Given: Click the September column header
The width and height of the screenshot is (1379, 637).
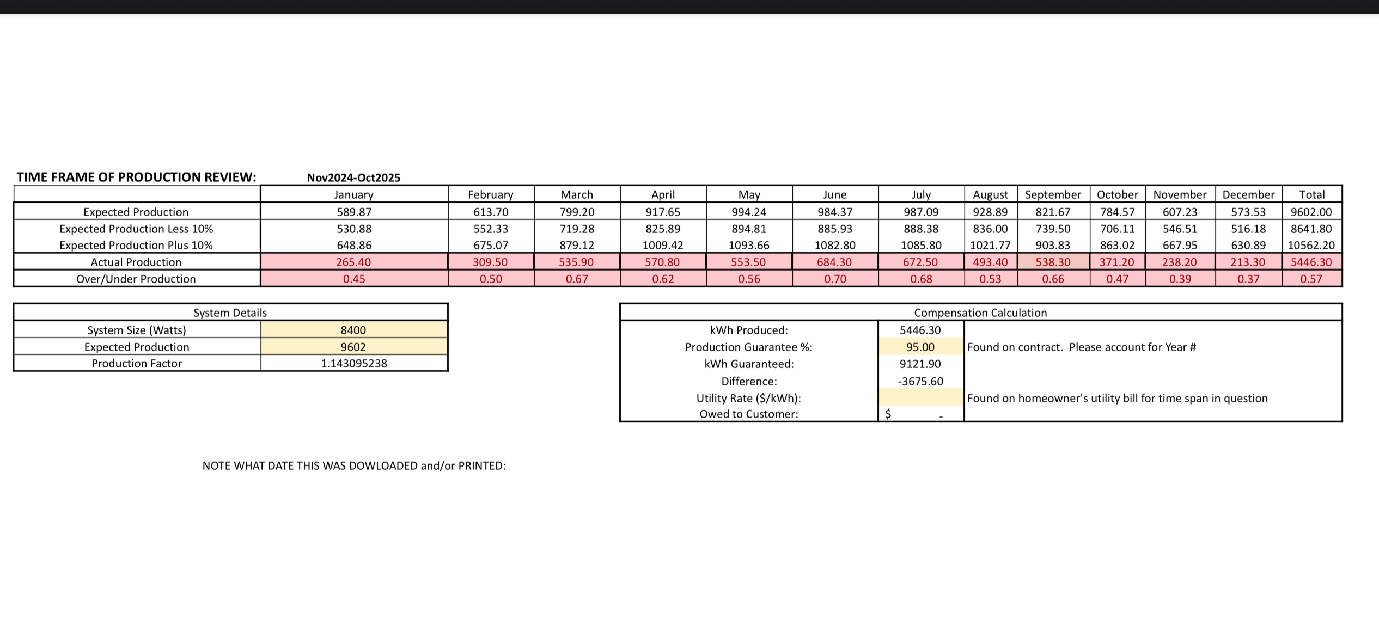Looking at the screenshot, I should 1053,194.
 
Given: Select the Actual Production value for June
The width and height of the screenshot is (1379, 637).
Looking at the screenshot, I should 834,262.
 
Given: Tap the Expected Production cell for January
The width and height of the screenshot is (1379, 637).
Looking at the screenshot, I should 354,212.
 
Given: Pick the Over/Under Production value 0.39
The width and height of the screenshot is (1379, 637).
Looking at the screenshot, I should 1180,279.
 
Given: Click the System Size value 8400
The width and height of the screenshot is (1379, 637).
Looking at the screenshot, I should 353,330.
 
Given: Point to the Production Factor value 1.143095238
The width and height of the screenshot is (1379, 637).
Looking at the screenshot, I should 354,363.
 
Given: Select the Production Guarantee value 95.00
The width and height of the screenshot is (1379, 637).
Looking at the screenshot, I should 920,347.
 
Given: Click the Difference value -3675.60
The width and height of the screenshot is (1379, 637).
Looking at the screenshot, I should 920,381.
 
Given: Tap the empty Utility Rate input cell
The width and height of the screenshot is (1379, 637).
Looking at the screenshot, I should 920,397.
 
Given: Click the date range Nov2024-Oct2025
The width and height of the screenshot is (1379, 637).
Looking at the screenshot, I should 353,177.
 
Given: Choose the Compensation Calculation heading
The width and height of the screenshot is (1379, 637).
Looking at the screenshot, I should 980,313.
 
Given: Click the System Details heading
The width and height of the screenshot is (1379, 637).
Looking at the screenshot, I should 230,313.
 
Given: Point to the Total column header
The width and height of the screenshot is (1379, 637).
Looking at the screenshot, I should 1311,194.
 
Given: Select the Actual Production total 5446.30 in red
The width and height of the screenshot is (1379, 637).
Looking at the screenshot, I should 1311,262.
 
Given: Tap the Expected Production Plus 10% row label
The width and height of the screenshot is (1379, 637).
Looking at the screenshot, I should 136,245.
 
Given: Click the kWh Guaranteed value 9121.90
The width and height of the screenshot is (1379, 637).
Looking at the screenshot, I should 920,364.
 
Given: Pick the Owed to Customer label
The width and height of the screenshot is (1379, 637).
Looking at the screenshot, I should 749,414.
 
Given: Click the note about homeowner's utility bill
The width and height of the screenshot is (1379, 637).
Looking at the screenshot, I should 1118,398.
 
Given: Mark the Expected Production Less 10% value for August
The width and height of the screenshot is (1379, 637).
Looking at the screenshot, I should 990,229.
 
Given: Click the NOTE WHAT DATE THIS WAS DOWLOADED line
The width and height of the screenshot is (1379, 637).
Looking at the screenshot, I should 354,465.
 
